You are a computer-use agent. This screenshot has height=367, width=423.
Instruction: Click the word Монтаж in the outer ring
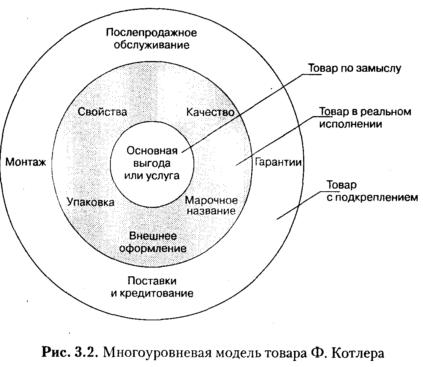(25, 162)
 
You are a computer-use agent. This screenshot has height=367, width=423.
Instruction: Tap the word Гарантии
(278, 162)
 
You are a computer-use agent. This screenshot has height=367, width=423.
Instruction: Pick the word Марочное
(211, 200)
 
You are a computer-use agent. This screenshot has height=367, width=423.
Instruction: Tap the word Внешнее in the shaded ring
(153, 236)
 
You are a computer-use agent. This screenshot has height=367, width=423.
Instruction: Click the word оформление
(153, 249)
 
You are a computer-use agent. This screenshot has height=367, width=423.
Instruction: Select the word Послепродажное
(151, 32)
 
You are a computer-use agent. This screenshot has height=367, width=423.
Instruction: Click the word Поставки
(152, 281)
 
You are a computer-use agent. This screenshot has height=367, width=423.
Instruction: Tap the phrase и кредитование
(152, 293)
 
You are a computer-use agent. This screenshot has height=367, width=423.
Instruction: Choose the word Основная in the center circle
(152, 151)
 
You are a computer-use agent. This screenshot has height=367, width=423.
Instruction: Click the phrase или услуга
(152, 176)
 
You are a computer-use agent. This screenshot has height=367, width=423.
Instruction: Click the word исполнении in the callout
(350, 124)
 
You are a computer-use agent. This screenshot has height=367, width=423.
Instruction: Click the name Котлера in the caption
(360, 352)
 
